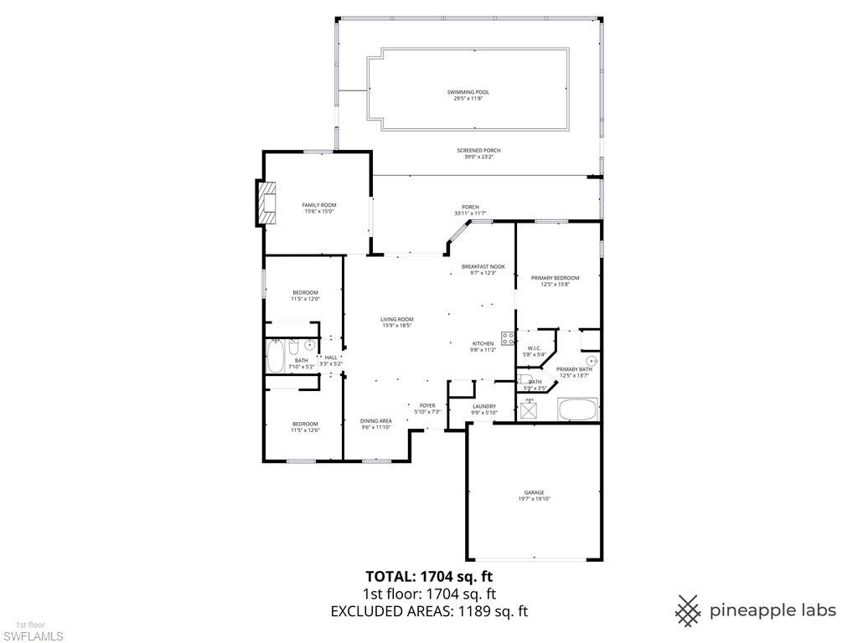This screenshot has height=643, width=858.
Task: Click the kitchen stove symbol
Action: [508, 338]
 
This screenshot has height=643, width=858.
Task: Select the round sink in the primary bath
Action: [591, 361]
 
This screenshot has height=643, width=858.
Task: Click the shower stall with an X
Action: [530, 409]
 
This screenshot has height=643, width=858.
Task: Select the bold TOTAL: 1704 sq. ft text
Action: [429, 576]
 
